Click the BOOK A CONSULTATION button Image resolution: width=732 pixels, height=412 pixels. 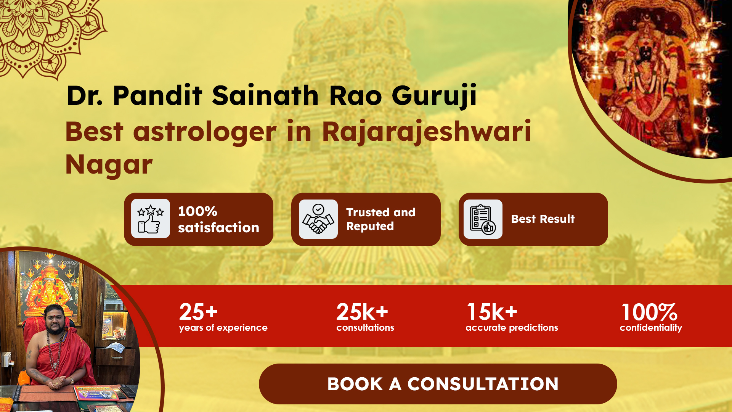(438, 384)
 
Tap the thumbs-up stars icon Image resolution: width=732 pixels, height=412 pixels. (151, 219)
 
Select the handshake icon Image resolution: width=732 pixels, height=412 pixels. (318, 219)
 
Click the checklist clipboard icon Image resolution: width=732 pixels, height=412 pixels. (483, 219)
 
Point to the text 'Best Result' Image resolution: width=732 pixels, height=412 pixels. (543, 219)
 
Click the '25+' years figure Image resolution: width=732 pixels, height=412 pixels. (198, 312)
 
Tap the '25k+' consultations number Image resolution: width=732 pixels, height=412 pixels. (362, 312)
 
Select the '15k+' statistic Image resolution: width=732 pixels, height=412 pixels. (492, 312)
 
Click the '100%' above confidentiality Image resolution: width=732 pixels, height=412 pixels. (649, 312)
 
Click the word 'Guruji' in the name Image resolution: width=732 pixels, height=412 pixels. (434, 96)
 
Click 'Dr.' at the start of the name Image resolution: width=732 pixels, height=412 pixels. (85, 95)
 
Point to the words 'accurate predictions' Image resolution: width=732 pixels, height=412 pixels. (512, 328)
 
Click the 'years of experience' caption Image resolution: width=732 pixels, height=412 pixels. (223, 328)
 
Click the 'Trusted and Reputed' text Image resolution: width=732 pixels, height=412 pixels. (380, 219)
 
